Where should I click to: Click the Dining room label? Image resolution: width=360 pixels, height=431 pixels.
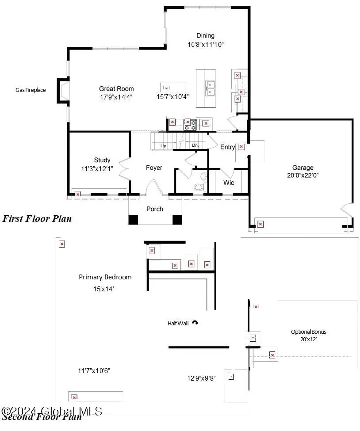click(x=206, y=36)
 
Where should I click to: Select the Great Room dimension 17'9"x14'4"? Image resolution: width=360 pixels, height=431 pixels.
click(x=116, y=96)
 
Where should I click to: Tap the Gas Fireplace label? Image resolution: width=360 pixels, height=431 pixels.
click(x=31, y=90)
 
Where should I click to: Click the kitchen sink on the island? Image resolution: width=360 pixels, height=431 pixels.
click(x=210, y=88)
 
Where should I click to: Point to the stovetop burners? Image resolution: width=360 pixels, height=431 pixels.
click(x=191, y=124)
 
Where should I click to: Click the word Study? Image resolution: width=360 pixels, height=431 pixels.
click(x=102, y=160)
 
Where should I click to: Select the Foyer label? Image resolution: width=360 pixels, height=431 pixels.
click(x=154, y=168)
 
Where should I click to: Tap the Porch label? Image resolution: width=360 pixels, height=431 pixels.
click(x=154, y=209)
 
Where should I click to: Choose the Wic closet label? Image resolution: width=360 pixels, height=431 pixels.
click(x=229, y=183)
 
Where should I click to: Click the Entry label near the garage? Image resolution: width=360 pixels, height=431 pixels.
click(x=227, y=147)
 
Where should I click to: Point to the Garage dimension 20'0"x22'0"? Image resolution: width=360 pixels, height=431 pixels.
click(x=303, y=175)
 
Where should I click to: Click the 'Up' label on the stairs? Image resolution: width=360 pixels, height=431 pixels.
click(x=163, y=145)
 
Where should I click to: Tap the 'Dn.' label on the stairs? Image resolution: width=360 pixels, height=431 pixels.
click(x=195, y=145)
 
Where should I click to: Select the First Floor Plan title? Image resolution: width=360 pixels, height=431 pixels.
click(x=37, y=218)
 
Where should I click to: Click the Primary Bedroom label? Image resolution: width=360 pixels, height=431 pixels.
click(x=105, y=277)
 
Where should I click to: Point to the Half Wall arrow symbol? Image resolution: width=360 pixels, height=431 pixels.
click(x=195, y=323)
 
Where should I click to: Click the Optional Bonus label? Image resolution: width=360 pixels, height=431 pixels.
click(x=309, y=332)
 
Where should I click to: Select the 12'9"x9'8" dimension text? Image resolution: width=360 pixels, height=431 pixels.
click(x=201, y=378)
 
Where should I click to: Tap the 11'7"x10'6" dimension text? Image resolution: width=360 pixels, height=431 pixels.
click(x=94, y=370)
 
